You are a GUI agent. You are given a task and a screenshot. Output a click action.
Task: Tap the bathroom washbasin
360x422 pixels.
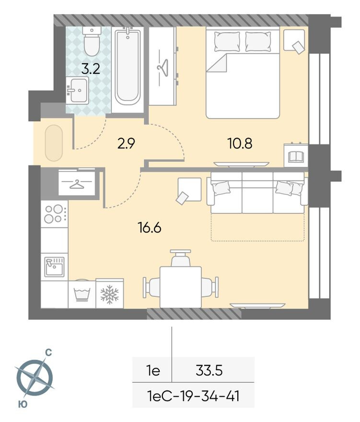tap(77, 90)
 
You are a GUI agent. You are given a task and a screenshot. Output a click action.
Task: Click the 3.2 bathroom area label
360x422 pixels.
tap(90, 69)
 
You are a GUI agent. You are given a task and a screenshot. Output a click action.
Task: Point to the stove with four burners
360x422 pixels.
tap(54, 214)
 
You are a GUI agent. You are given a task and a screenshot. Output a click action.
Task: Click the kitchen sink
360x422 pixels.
tap(54, 267)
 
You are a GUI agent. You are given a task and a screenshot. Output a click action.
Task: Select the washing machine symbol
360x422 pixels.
tap(82, 294)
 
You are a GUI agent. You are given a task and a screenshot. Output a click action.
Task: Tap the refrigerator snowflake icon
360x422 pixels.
tap(109, 294)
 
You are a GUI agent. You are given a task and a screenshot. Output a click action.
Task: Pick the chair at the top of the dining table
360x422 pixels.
tap(180, 258)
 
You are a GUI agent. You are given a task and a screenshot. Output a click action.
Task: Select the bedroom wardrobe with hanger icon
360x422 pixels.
tap(162, 66)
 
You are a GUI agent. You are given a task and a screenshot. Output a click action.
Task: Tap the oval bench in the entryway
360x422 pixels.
tap(54, 143)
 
